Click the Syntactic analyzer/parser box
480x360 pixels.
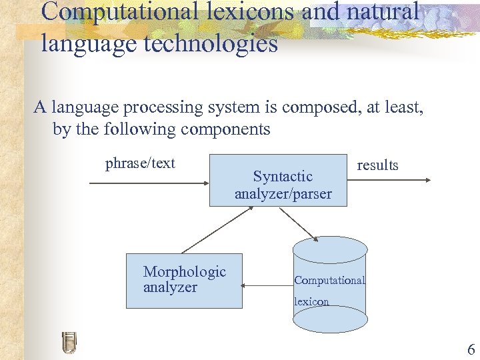278,180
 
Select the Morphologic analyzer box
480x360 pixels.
184,281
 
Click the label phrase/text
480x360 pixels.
140,163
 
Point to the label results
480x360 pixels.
377,165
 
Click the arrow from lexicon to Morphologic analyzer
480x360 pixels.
267,286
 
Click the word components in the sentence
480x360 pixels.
226,129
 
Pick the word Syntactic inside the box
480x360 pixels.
283,177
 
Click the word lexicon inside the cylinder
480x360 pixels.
312,301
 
